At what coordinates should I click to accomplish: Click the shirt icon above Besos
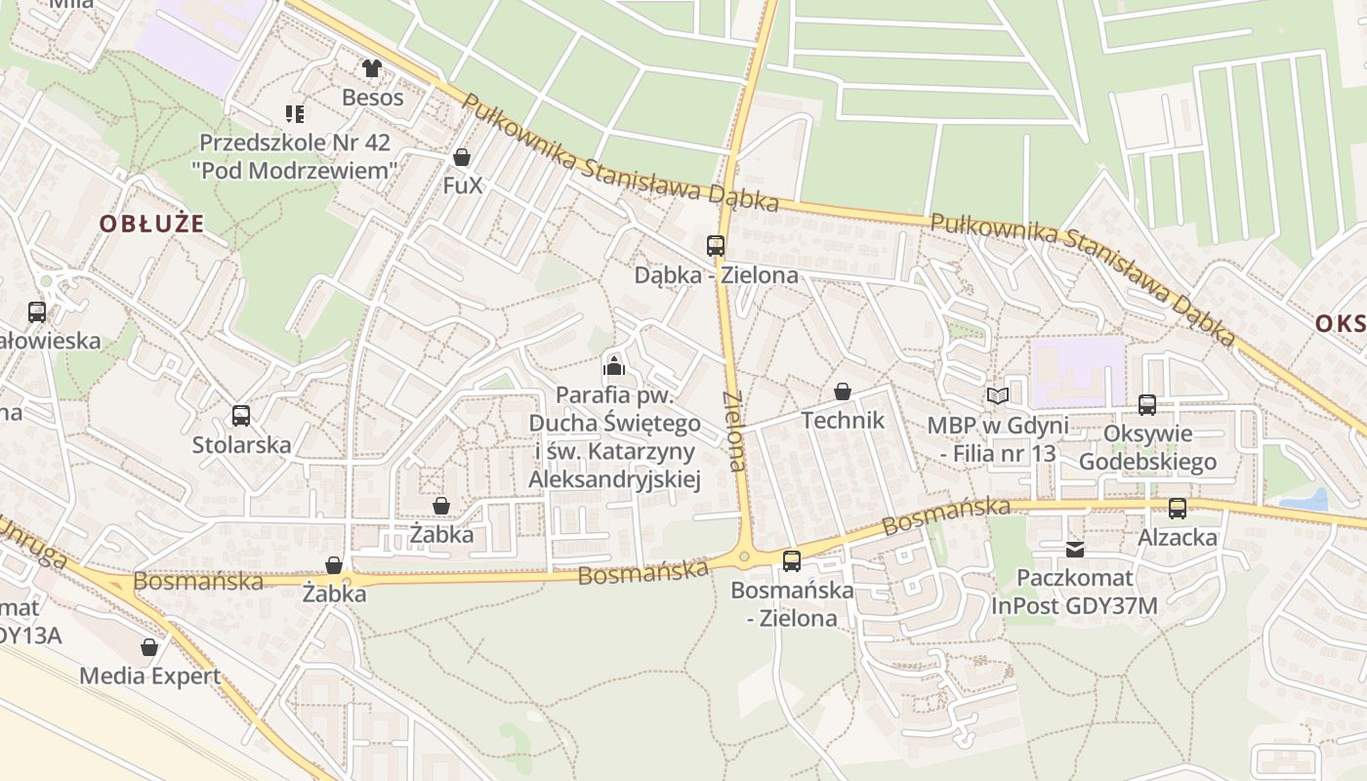(371, 67)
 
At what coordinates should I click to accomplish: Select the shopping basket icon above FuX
(462, 157)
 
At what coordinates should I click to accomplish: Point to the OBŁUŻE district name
(151, 224)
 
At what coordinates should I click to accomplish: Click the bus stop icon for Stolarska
(240, 416)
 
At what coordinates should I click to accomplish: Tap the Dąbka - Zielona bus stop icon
(716, 246)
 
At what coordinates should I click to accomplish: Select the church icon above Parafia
(613, 366)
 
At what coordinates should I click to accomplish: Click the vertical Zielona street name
(734, 431)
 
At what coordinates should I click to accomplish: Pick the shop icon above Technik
(842, 391)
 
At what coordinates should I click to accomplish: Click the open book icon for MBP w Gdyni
(997, 395)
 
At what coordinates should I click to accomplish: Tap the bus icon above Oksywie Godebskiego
(1147, 404)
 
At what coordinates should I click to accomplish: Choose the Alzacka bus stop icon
(1178, 508)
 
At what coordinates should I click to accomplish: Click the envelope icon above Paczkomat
(1074, 550)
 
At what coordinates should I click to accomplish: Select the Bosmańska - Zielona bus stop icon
(791, 560)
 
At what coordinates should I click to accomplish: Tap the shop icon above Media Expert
(149, 646)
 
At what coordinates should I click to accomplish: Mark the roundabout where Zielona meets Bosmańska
(744, 557)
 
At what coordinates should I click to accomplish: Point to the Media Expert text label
(149, 676)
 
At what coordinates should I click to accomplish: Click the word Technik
(842, 421)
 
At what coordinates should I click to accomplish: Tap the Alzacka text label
(1178, 537)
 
